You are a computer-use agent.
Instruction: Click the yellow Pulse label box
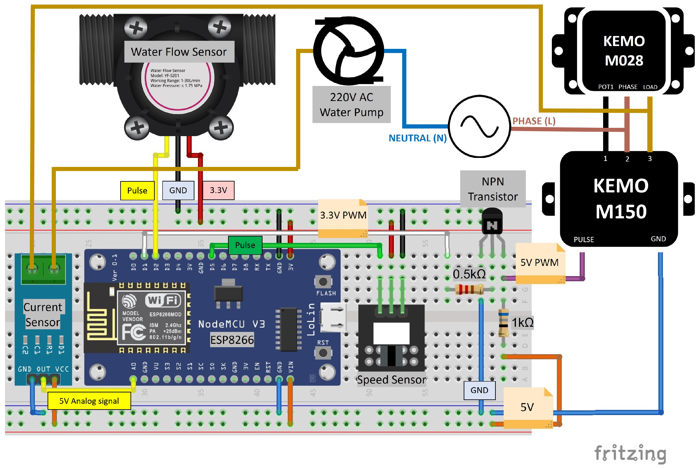tap(137, 190)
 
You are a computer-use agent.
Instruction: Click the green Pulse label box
tap(245, 245)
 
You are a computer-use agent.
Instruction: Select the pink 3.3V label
tap(218, 190)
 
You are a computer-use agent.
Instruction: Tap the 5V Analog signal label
tap(89, 401)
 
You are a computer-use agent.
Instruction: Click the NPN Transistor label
tap(493, 189)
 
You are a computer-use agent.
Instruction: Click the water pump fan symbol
tap(348, 51)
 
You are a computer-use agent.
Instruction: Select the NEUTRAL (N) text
tap(417, 138)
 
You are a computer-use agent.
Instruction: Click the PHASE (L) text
tap(534, 121)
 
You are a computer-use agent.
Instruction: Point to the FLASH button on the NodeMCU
tap(323, 282)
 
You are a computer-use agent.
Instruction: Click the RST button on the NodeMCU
tap(323, 353)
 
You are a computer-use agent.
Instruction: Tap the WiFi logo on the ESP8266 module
tap(163, 300)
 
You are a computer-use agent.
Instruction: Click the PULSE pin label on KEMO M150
tap(584, 240)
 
